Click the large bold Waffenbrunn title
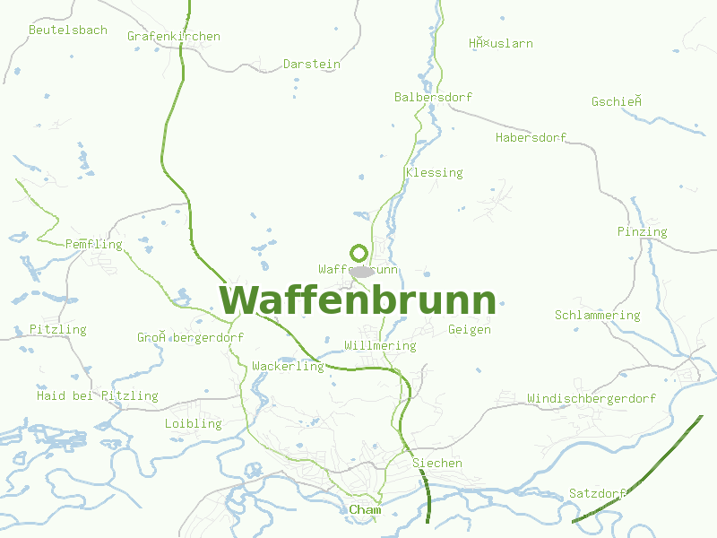click(x=358, y=299)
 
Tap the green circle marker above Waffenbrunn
click(x=358, y=253)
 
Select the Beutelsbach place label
click(x=68, y=30)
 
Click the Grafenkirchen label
click(x=174, y=37)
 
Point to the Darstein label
click(x=312, y=64)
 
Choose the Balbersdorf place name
click(x=433, y=97)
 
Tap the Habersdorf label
click(x=531, y=137)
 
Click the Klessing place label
click(x=434, y=172)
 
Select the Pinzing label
click(x=642, y=231)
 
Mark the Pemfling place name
click(x=94, y=244)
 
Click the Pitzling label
click(x=57, y=329)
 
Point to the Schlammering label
click(x=597, y=315)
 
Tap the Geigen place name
click(x=470, y=329)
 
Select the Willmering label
click(x=380, y=345)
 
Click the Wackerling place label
click(x=288, y=366)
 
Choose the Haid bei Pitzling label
click(x=97, y=395)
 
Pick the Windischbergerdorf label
click(x=591, y=398)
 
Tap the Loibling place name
click(x=193, y=423)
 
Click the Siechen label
click(x=437, y=463)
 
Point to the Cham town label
click(x=365, y=510)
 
